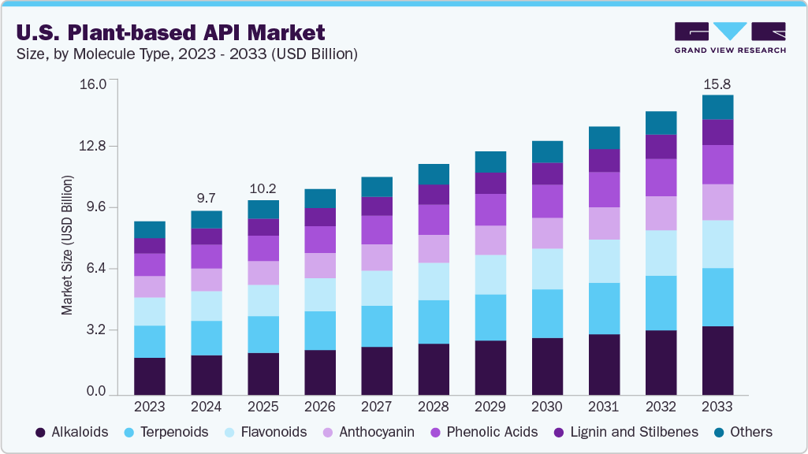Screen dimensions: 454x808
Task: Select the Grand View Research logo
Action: pyautogui.click(x=729, y=37)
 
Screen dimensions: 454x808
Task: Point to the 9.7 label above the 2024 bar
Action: pyautogui.click(x=207, y=196)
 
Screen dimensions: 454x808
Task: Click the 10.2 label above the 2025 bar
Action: pyautogui.click(x=263, y=188)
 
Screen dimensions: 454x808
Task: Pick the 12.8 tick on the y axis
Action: pyautogui.click(x=102, y=146)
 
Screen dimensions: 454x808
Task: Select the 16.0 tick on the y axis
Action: pyautogui.click(x=102, y=84)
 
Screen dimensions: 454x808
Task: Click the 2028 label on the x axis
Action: pyautogui.click(x=433, y=407)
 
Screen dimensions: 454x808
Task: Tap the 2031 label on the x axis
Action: pyautogui.click(x=604, y=407)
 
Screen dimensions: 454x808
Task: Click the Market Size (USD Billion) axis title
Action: pyautogui.click(x=68, y=246)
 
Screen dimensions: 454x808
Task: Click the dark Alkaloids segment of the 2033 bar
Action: pyautogui.click(x=717, y=360)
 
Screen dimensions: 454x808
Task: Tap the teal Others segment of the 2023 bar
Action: pyautogui.click(x=150, y=229)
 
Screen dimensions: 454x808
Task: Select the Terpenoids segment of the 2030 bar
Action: pyautogui.click(x=547, y=314)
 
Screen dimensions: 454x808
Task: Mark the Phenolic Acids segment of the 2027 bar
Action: pyautogui.click(x=376, y=229)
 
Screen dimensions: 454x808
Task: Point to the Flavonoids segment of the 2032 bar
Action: pyautogui.click(x=661, y=253)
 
